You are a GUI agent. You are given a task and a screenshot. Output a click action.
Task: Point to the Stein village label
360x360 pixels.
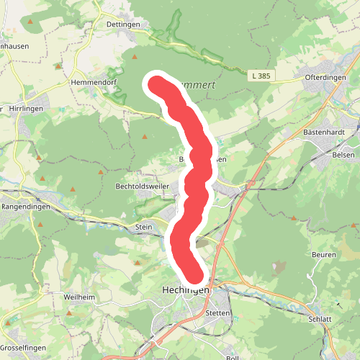[144, 228]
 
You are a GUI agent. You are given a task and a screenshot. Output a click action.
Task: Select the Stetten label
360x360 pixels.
[217, 313]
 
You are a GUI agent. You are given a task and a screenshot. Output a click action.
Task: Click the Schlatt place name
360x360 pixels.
[319, 319]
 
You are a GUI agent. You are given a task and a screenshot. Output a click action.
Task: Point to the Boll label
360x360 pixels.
[232, 357]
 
